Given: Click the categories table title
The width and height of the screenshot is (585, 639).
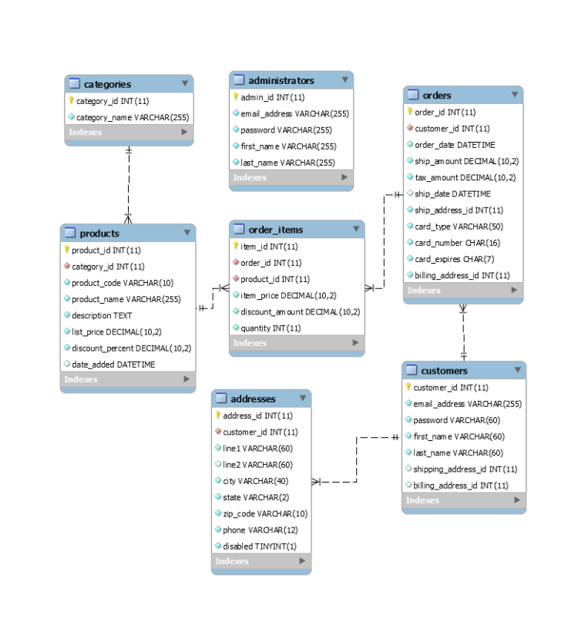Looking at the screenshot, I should [x=107, y=84].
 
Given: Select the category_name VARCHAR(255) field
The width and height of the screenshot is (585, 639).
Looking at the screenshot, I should [x=132, y=117].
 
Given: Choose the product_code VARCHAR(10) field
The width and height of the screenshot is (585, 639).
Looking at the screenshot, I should [x=123, y=283].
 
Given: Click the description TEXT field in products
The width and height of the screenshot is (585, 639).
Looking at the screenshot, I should [x=102, y=315].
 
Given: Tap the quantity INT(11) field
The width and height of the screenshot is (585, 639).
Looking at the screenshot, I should [x=271, y=328].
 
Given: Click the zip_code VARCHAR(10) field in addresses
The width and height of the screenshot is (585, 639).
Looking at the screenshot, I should [x=265, y=513].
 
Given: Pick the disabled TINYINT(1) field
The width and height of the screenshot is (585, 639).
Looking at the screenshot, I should [x=259, y=547].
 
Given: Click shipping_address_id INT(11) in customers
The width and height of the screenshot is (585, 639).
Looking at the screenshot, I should [x=465, y=469].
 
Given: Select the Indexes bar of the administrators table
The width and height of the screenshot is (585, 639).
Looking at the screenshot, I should [x=291, y=178].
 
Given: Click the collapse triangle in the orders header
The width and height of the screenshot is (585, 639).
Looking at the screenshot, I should [x=514, y=95].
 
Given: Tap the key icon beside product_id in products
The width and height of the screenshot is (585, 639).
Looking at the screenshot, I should [x=66, y=250].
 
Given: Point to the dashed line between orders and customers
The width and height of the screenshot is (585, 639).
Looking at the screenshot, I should [x=463, y=331].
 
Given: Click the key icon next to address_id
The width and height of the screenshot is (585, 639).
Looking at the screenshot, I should [x=217, y=415].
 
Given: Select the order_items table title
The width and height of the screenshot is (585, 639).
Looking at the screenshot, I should [x=275, y=230].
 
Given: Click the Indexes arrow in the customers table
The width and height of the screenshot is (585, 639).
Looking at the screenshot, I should [x=517, y=500].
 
